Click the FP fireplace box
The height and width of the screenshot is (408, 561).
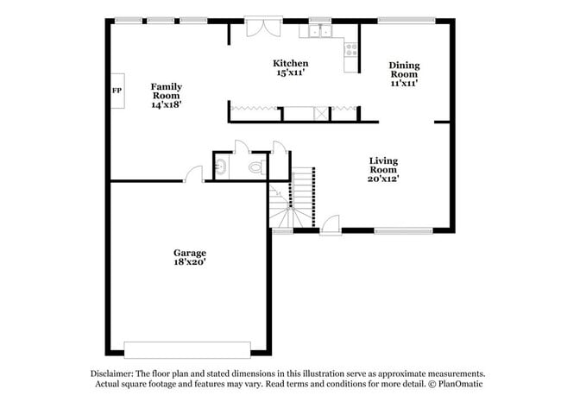click(x=116, y=91)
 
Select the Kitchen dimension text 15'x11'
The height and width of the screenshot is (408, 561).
click(x=291, y=73)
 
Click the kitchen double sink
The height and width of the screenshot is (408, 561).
click(x=321, y=32)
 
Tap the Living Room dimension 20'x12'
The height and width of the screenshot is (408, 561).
click(x=384, y=179)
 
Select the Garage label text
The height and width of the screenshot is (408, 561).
click(x=188, y=253)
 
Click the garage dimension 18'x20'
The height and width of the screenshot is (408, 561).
click(x=188, y=262)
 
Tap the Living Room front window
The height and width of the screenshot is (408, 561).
click(x=402, y=230)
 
